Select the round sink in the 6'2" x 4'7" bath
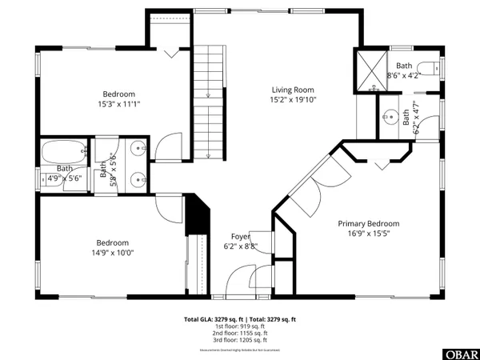(x=390, y=117)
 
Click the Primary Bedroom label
(x=368, y=224)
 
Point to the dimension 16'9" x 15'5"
(x=368, y=234)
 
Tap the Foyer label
(x=240, y=237)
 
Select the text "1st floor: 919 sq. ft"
(x=240, y=326)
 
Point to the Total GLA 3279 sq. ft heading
(x=240, y=318)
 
